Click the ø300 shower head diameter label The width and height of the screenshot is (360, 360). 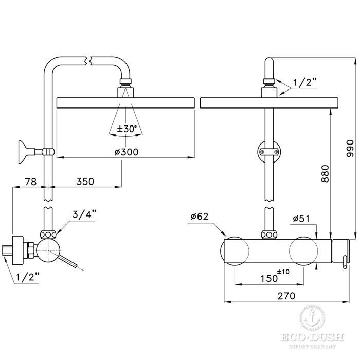[x=127, y=152]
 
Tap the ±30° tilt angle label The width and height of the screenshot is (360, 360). [x=127, y=129]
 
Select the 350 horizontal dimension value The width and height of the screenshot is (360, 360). [x=85, y=182]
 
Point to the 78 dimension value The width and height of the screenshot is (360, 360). [x=31, y=182]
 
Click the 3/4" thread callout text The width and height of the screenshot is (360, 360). [x=84, y=214]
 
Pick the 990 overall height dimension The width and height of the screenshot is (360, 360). [x=350, y=148]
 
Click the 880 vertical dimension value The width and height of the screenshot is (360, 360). [x=325, y=174]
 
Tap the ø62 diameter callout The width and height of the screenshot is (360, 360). [x=200, y=217]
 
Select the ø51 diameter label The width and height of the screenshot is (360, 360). [x=301, y=219]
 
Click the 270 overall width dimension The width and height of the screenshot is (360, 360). [x=286, y=296]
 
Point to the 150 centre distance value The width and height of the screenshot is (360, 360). [x=269, y=279]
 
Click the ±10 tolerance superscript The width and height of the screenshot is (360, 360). [x=283, y=272]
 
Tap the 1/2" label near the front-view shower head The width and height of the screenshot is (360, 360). [x=305, y=82]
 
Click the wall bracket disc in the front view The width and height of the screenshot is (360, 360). [x=269, y=152]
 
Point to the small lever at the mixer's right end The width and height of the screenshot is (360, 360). [x=345, y=262]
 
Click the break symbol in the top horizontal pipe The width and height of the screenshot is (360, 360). [x=88, y=61]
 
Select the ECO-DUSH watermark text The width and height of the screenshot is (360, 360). [x=312, y=337]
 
